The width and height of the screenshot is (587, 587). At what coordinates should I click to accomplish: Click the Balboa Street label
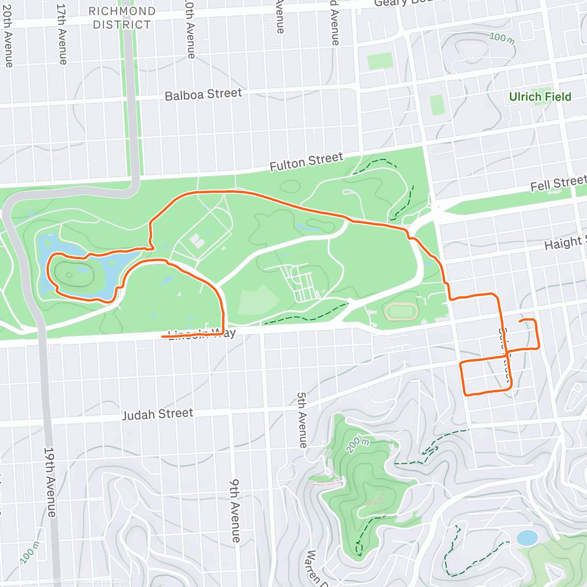coord(203,94)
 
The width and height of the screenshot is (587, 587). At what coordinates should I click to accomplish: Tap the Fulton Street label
coord(307,161)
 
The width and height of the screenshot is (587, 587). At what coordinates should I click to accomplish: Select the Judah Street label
coord(158,414)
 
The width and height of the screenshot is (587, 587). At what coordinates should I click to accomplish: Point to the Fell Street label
coord(558,184)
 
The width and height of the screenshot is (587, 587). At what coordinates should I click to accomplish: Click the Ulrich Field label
coord(540,97)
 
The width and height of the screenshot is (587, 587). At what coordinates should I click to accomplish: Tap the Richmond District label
coord(122,18)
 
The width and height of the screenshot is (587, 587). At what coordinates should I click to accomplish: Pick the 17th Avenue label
coord(62,34)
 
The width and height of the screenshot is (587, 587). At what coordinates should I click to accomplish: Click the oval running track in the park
coord(401,312)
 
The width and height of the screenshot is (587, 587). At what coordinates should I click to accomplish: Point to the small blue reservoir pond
coord(527,538)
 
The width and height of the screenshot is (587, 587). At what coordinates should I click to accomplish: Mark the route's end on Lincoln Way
coord(162,337)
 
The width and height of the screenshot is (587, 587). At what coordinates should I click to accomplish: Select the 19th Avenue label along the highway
coord(50,481)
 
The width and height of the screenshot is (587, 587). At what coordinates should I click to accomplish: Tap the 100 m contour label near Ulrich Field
coord(502,38)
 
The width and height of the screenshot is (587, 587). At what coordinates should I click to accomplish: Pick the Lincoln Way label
coord(202,335)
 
